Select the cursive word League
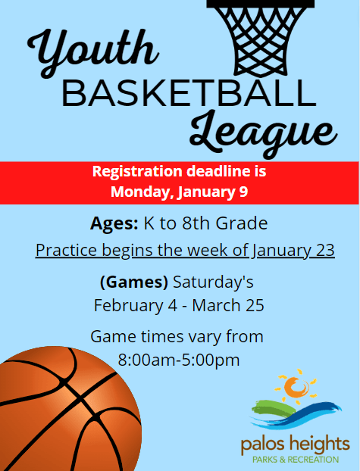coord(262,134)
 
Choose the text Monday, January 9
coord(180,192)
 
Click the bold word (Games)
coord(133,282)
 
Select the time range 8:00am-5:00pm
coord(179,359)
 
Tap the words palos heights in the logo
coord(295,443)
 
